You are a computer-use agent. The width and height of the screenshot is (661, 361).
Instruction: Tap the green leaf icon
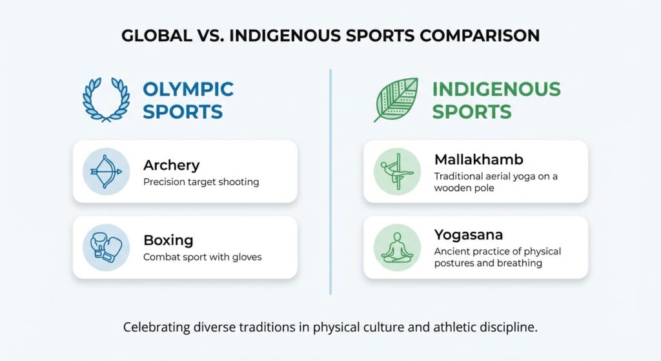398,99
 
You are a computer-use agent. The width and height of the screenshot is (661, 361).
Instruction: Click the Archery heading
171,165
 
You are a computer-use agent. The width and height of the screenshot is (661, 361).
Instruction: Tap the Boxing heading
168,240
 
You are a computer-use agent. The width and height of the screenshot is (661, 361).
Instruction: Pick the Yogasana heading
468,234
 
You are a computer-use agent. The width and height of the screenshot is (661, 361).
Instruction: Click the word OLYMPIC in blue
188,88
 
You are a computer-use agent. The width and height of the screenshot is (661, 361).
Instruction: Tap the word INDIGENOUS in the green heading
496,88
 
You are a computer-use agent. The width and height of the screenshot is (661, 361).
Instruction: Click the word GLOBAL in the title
154,36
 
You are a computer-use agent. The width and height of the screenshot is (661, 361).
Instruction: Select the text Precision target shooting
201,182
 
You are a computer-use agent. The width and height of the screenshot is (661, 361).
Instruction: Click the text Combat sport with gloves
202,257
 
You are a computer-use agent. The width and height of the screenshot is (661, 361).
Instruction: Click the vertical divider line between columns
330,181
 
